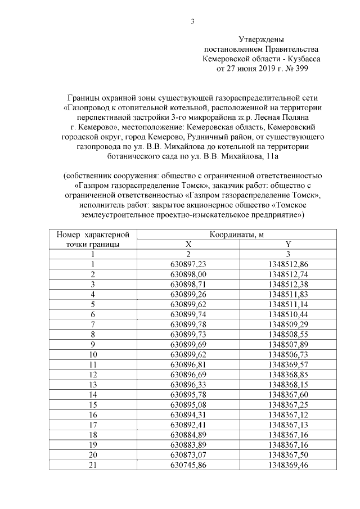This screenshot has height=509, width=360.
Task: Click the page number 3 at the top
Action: (192, 22)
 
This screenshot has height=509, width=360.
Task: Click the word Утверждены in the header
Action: (261, 39)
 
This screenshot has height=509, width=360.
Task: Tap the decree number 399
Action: (300, 68)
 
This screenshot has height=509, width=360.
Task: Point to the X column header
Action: (189, 244)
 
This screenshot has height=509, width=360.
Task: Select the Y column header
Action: (289, 244)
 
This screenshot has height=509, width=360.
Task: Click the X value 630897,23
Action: (189, 264)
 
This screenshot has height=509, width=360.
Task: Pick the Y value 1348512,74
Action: (289, 274)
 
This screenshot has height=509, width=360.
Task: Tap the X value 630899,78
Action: (189, 325)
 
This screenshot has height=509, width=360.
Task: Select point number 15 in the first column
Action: (93, 404)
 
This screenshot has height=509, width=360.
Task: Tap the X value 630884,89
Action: (189, 435)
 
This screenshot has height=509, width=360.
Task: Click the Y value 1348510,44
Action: (289, 314)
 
